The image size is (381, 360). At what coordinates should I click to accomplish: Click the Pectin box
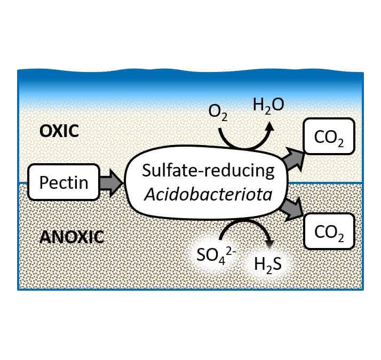point(63,182)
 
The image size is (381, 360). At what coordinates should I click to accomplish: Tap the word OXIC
point(59,131)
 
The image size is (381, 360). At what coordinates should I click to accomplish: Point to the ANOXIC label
point(72,237)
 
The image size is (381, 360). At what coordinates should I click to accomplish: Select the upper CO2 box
point(329,137)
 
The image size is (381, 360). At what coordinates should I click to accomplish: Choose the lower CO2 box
point(329,231)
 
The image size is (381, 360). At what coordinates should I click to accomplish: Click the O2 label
point(218,113)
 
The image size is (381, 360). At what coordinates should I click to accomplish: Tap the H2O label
point(268,106)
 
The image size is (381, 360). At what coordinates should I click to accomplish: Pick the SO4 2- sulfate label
point(216,256)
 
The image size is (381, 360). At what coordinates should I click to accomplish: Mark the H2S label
point(268,265)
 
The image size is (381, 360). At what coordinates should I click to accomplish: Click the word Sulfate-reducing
point(208,171)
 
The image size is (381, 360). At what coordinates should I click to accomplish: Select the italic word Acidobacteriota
point(208,194)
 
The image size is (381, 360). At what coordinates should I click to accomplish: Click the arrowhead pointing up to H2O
point(269,126)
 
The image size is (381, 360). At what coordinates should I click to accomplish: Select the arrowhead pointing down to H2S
point(269,245)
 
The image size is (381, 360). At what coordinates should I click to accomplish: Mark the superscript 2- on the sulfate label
point(231,252)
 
